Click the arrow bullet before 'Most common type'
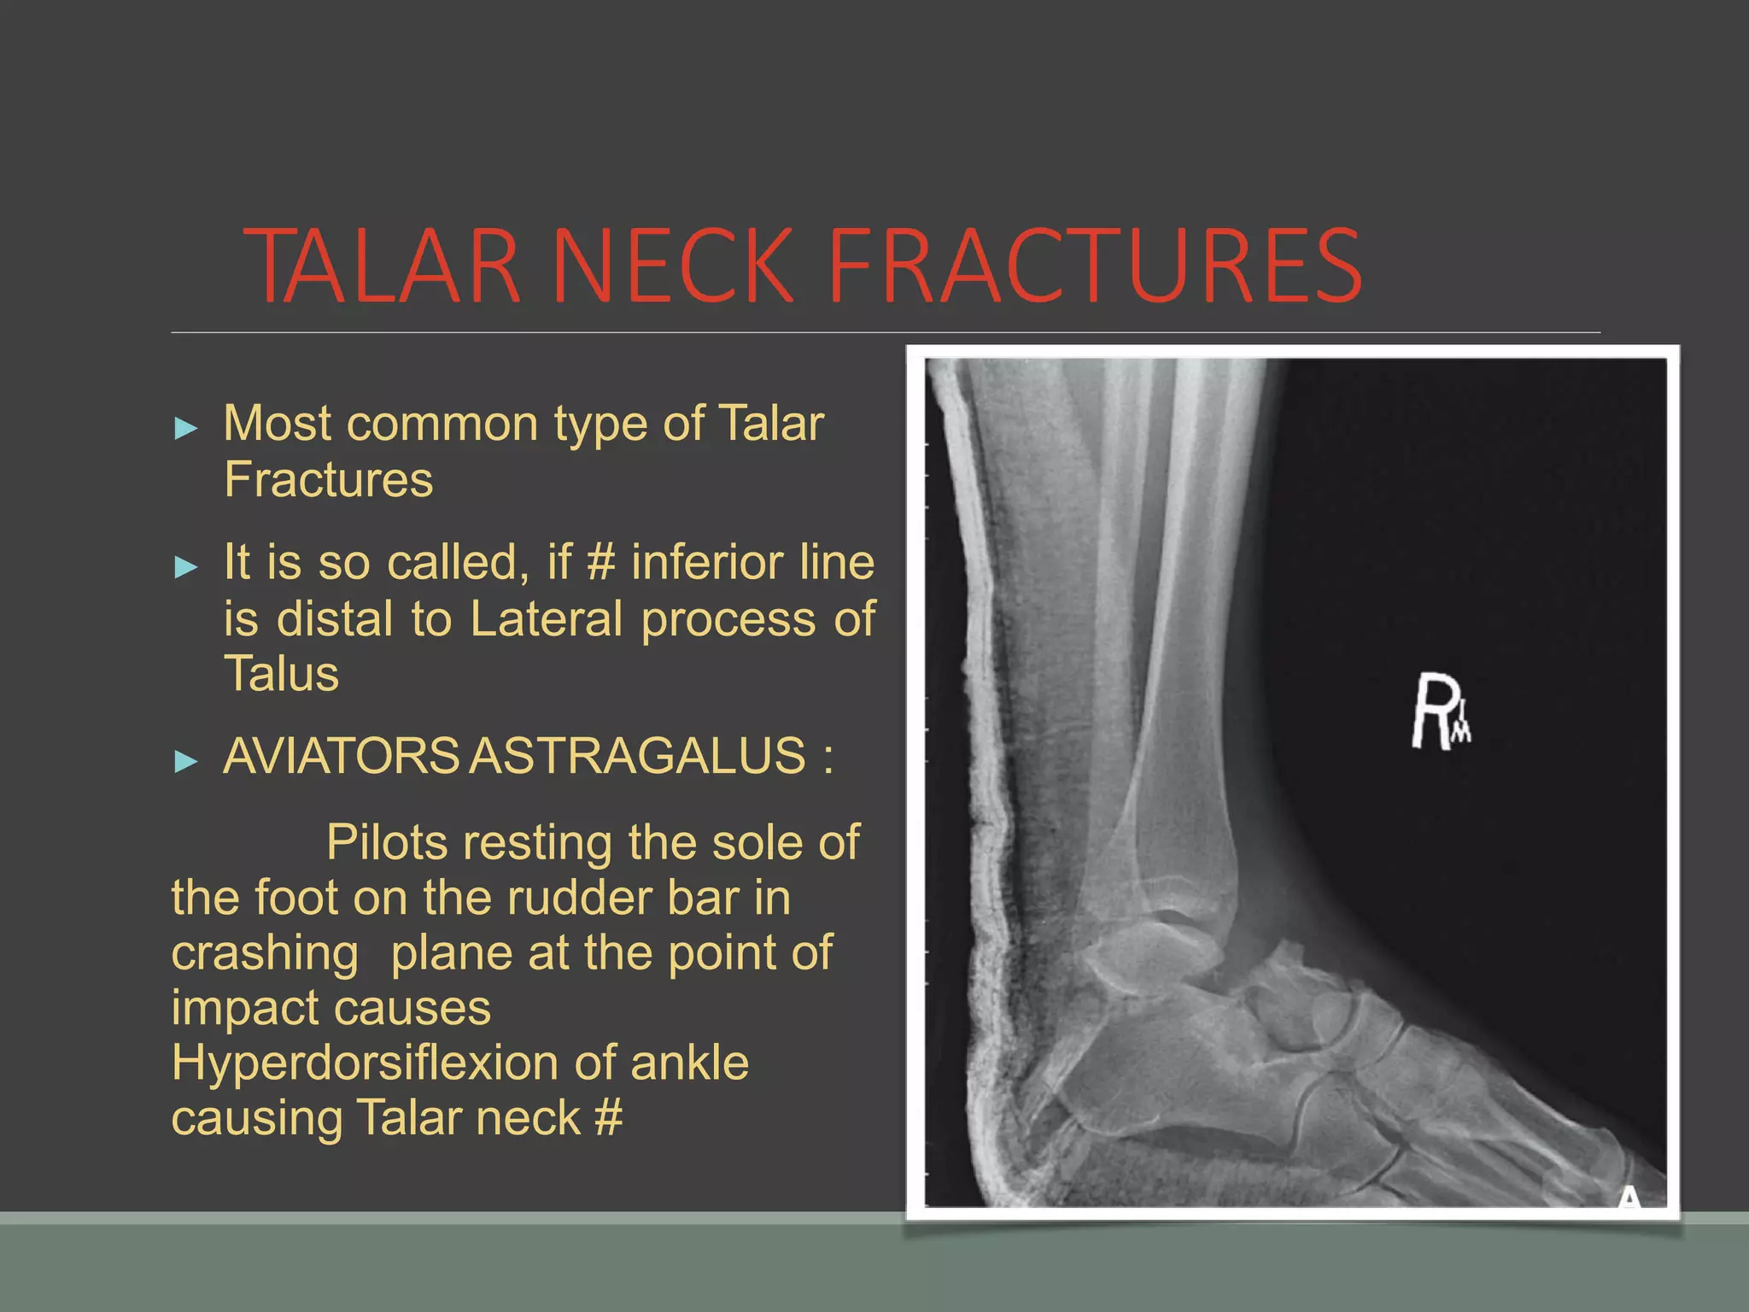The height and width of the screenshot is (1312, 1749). click(185, 428)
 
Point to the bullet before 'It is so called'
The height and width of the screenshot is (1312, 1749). click(185, 566)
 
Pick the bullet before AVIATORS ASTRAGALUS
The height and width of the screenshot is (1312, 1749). click(185, 760)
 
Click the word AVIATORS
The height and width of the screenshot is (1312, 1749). click(342, 756)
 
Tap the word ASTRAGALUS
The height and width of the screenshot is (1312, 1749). click(638, 756)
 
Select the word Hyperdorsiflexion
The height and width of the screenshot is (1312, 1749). click(365, 1063)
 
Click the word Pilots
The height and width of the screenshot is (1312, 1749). click(387, 843)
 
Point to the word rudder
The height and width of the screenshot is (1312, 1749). click(579, 899)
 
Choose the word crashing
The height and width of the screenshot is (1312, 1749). click(265, 953)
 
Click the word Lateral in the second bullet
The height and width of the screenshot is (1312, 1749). click(547, 618)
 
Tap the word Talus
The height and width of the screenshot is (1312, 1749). click(281, 674)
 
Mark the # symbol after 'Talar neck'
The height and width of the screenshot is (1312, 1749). click(608, 1118)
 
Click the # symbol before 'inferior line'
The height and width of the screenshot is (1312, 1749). click(601, 563)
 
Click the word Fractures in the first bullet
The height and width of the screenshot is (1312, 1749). click(329, 480)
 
